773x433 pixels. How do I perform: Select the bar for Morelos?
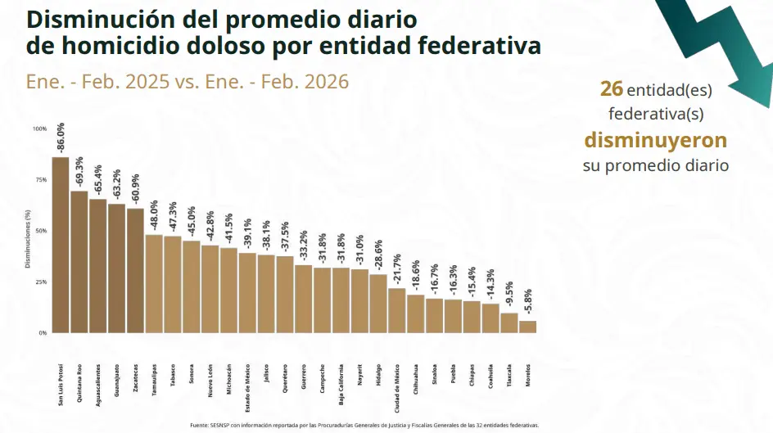528,327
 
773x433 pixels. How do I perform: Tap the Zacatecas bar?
135,270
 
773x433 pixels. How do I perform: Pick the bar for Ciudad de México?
396,311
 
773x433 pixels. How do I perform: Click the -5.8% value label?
528,303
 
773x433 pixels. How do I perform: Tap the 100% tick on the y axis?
40,129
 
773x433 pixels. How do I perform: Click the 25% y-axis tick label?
40,282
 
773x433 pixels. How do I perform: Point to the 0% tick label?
43,333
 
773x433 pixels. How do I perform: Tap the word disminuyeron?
655,140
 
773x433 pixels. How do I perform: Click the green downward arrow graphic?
721,49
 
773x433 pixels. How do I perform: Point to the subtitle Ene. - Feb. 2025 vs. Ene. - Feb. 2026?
188,82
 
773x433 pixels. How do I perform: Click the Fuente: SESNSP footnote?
364,426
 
